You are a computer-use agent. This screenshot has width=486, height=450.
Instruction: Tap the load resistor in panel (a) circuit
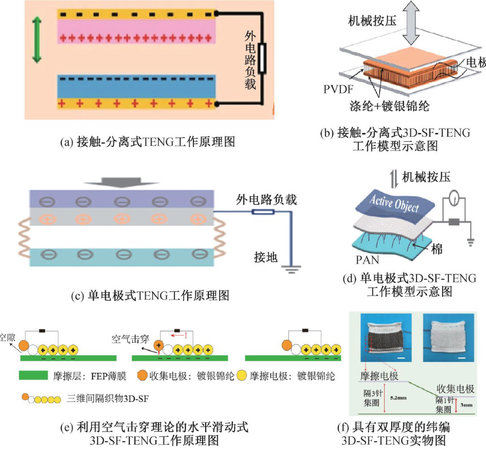pyautogui.click(x=263, y=57)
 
